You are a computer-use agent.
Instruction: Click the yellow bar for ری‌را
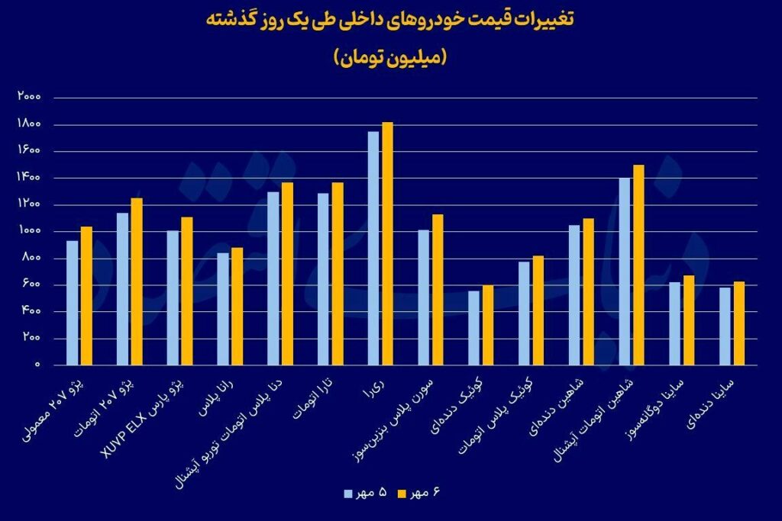tap(387, 243)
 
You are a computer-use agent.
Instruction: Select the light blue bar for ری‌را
tap(373, 248)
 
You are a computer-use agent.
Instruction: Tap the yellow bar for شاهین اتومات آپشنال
tap(638, 265)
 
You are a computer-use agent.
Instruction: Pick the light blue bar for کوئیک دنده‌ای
tap(473, 327)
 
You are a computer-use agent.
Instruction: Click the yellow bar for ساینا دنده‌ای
tap(738, 323)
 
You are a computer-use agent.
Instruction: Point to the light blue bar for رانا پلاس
tap(222, 308)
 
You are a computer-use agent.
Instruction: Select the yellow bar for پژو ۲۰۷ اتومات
tap(137, 281)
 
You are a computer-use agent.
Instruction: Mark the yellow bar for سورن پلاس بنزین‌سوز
tap(438, 289)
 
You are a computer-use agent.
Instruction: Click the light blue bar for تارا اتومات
tap(323, 278)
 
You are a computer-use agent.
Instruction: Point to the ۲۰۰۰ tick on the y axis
tap(31, 98)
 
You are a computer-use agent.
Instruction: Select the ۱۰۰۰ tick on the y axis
tap(31, 231)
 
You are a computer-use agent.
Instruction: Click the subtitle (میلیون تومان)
tap(390, 58)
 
